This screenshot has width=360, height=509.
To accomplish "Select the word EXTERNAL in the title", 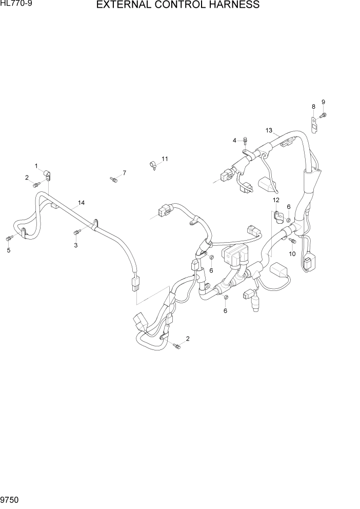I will [x=126, y=6].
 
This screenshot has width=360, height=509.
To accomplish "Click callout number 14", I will [x=80, y=203].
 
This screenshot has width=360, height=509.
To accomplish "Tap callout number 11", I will [x=165, y=159].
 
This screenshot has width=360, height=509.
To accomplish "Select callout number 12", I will [x=275, y=200].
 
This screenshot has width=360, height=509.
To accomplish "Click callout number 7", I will [x=124, y=172].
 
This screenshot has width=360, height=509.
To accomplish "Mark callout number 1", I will [x=36, y=166].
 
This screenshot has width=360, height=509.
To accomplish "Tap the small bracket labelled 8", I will [x=314, y=125].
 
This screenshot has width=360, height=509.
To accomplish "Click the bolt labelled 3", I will [x=76, y=233].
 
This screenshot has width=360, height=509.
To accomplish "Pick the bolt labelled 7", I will [x=114, y=179].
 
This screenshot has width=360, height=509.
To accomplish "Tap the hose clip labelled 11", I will [x=153, y=165].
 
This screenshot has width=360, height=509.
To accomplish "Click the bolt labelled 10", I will [x=292, y=240].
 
